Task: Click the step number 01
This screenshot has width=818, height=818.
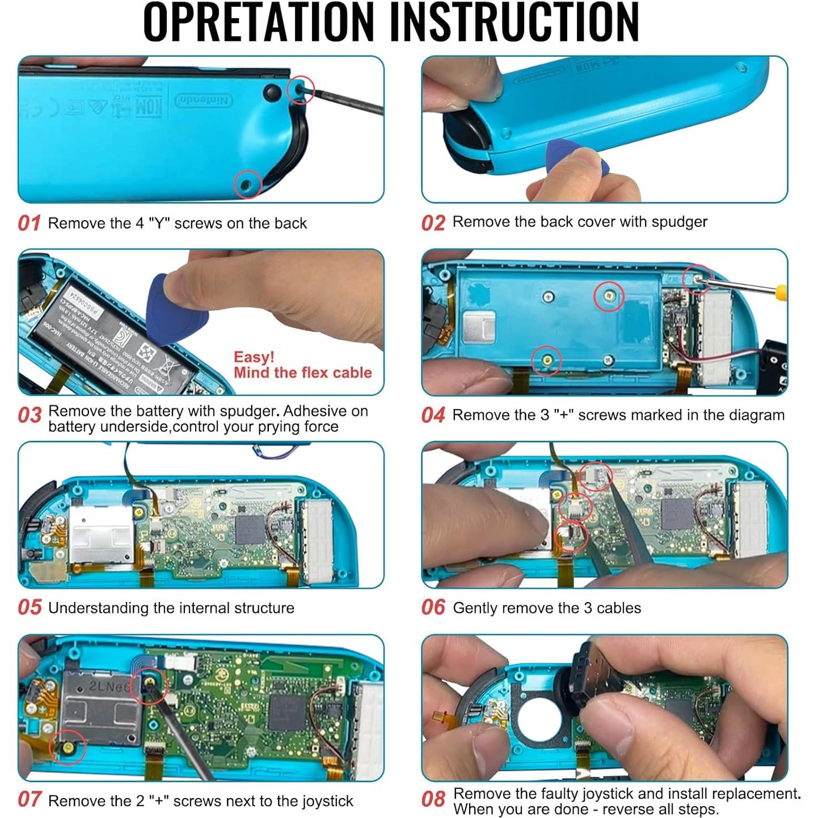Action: click(x=29, y=223)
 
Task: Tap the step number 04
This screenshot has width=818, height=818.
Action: click(x=433, y=415)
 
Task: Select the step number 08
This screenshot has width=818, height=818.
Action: click(x=433, y=800)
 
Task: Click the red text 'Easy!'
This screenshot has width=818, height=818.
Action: click(x=254, y=357)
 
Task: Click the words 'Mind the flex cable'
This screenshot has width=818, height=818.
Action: click(x=302, y=373)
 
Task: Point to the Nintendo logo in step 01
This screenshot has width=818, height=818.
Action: click(x=204, y=100)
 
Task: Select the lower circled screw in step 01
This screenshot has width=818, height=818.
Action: click(x=247, y=184)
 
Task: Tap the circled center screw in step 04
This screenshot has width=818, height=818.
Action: click(x=609, y=296)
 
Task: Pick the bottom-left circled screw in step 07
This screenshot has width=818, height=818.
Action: click(x=68, y=748)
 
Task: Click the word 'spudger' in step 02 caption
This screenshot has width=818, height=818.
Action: click(x=679, y=222)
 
